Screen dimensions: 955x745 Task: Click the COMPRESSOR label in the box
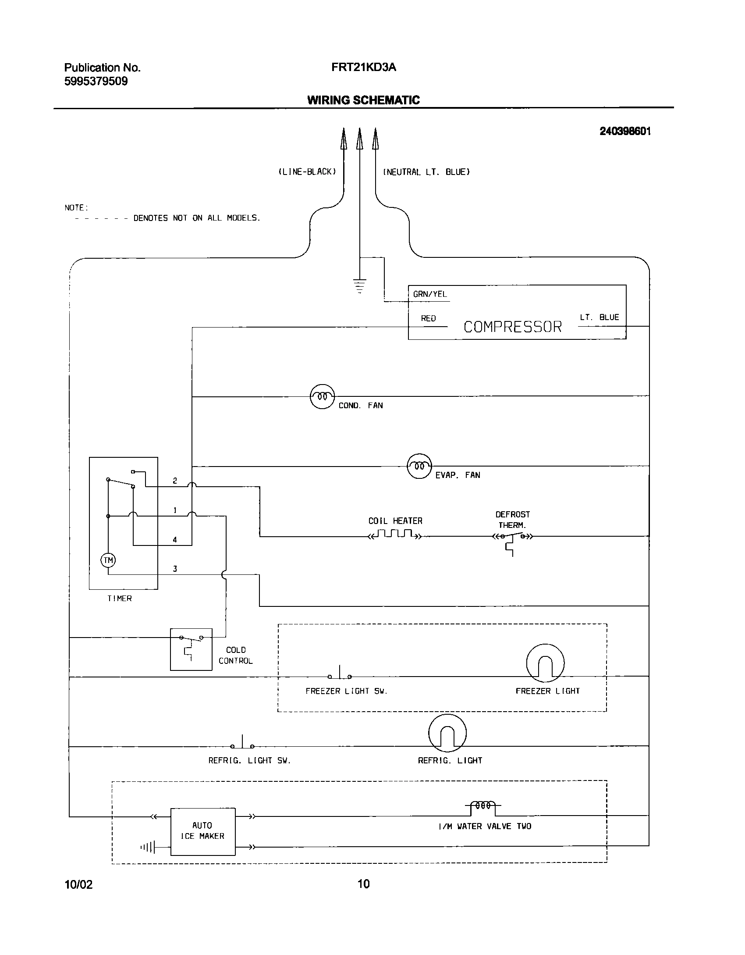pyautogui.click(x=512, y=327)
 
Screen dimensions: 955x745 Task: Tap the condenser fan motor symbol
pyautogui.click(x=322, y=396)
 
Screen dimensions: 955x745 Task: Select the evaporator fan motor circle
pyautogui.click(x=419, y=466)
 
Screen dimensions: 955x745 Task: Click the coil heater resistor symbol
pyautogui.click(x=395, y=535)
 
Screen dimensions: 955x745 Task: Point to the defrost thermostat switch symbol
pyautogui.click(x=512, y=537)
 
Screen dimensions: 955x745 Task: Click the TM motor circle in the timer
pyautogui.click(x=108, y=560)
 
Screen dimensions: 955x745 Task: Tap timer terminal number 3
pyautogui.click(x=175, y=569)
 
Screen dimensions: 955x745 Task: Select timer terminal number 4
pyautogui.click(x=175, y=540)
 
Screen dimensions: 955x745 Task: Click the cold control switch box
pyautogui.click(x=191, y=649)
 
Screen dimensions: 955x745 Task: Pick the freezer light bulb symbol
pyautogui.click(x=545, y=663)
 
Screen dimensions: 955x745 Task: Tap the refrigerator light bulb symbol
pyautogui.click(x=447, y=733)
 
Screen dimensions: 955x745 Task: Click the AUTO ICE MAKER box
pyautogui.click(x=202, y=831)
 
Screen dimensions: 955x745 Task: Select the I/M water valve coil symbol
pyautogui.click(x=482, y=805)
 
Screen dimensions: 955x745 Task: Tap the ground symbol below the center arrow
pyautogui.click(x=359, y=286)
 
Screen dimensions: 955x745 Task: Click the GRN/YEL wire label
pyautogui.click(x=430, y=294)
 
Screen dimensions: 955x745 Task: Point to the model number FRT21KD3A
pyautogui.click(x=364, y=67)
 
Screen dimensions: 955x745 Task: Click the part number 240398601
pyautogui.click(x=625, y=131)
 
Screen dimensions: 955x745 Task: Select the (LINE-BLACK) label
pyautogui.click(x=307, y=172)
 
